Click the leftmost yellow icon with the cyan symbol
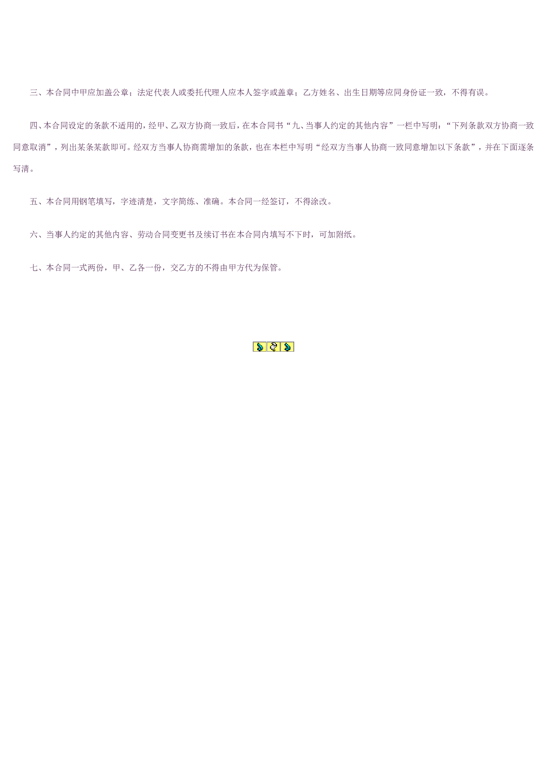pyautogui.click(x=260, y=347)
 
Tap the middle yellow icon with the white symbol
pyautogui.click(x=273, y=347)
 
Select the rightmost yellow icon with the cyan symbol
pyautogui.click(x=287, y=347)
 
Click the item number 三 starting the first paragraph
pyautogui.click(x=34, y=93)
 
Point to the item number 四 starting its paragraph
pyautogui.click(x=34, y=126)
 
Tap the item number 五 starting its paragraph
pyautogui.click(x=34, y=202)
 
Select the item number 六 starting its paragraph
pyautogui.click(x=34, y=235)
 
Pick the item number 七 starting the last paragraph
pyautogui.click(x=34, y=268)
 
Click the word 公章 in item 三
pyautogui.click(x=120, y=93)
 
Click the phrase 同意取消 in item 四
pyautogui.click(x=30, y=147)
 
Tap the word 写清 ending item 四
pyautogui.click(x=21, y=169)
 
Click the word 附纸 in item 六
pyautogui.click(x=344, y=235)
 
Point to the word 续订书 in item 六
pyautogui.click(x=216, y=235)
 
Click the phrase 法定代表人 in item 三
pyautogui.click(x=158, y=93)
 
